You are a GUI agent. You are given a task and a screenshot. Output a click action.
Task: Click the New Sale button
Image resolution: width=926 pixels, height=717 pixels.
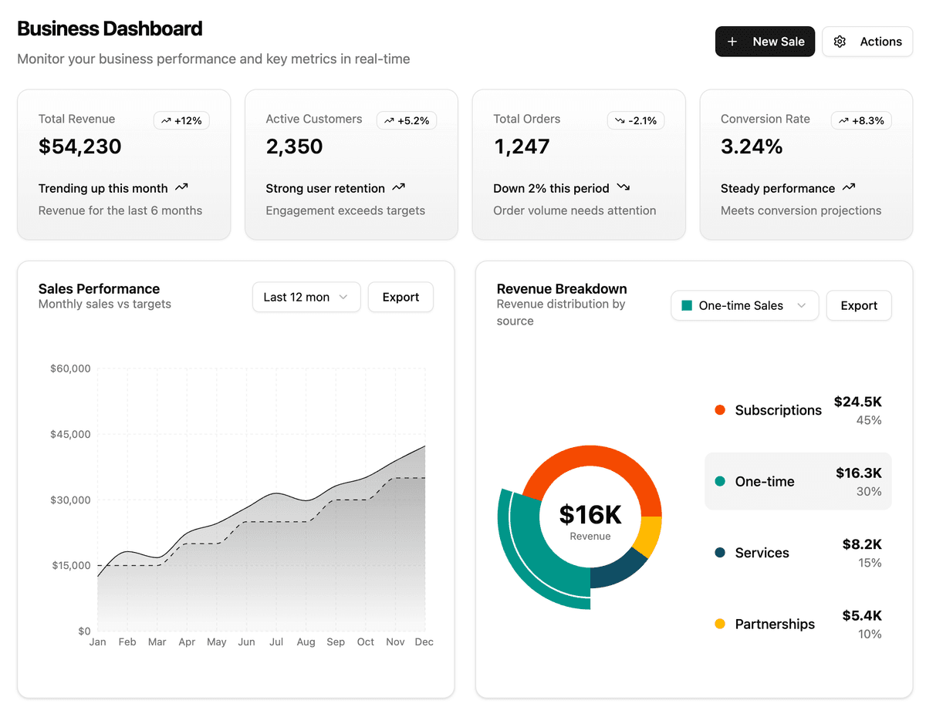click(765, 42)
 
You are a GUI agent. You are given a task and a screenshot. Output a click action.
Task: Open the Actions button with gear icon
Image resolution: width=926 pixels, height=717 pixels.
click(867, 42)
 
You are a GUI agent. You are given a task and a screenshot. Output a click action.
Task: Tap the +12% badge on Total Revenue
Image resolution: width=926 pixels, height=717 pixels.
click(181, 120)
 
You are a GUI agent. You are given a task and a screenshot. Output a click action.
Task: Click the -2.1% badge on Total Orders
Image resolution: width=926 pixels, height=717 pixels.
click(636, 120)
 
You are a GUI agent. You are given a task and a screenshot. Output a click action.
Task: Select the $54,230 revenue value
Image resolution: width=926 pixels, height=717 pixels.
click(80, 146)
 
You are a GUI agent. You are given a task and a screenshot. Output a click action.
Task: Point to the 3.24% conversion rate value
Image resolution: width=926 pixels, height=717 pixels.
click(752, 146)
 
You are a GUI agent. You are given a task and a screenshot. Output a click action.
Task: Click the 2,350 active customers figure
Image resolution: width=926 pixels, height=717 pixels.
click(294, 146)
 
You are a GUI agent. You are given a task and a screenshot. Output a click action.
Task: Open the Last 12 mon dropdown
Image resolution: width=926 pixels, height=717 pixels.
click(306, 297)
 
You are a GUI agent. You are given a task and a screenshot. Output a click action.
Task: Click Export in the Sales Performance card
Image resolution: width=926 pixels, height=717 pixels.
click(400, 297)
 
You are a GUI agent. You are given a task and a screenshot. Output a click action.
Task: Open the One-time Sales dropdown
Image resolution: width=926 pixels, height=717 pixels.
click(744, 305)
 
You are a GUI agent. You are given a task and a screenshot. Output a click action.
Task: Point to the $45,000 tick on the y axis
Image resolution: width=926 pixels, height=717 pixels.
click(70, 434)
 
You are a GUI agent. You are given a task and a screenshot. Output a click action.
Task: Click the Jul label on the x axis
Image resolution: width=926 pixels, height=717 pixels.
click(276, 641)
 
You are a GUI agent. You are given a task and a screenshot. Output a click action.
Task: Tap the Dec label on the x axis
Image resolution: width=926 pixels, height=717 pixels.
click(424, 641)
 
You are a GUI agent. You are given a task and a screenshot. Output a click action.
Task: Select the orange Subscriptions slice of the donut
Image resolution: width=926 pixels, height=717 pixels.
click(590, 462)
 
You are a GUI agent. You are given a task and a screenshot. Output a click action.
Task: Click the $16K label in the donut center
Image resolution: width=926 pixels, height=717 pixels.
click(590, 514)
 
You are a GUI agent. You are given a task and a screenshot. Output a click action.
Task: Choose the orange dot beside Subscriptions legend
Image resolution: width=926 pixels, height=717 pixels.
click(720, 410)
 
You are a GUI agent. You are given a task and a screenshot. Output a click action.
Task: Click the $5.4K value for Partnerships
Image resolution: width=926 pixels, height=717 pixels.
click(862, 615)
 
